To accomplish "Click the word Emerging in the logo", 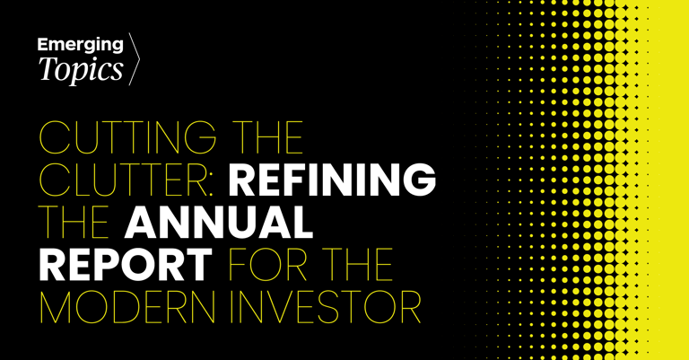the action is click(81, 45).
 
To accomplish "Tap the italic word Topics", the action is click(81, 69).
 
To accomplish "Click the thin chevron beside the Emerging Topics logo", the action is click(134, 58).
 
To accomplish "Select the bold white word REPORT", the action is click(126, 265).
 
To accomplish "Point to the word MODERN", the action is click(127, 307).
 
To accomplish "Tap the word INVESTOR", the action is click(326, 307).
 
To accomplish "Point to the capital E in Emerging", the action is click(42, 44).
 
